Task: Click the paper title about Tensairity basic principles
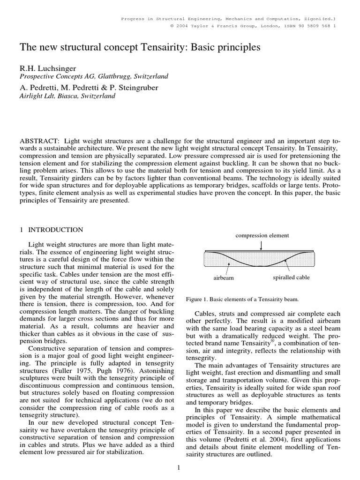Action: coord(139,47)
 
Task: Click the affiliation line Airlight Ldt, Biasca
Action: coord(67,96)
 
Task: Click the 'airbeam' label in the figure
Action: coord(224,277)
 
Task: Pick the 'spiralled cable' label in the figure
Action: coord(291,277)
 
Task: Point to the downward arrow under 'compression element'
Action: coord(261,245)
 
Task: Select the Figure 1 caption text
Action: coord(242,299)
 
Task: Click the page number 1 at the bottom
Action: coord(180,467)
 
